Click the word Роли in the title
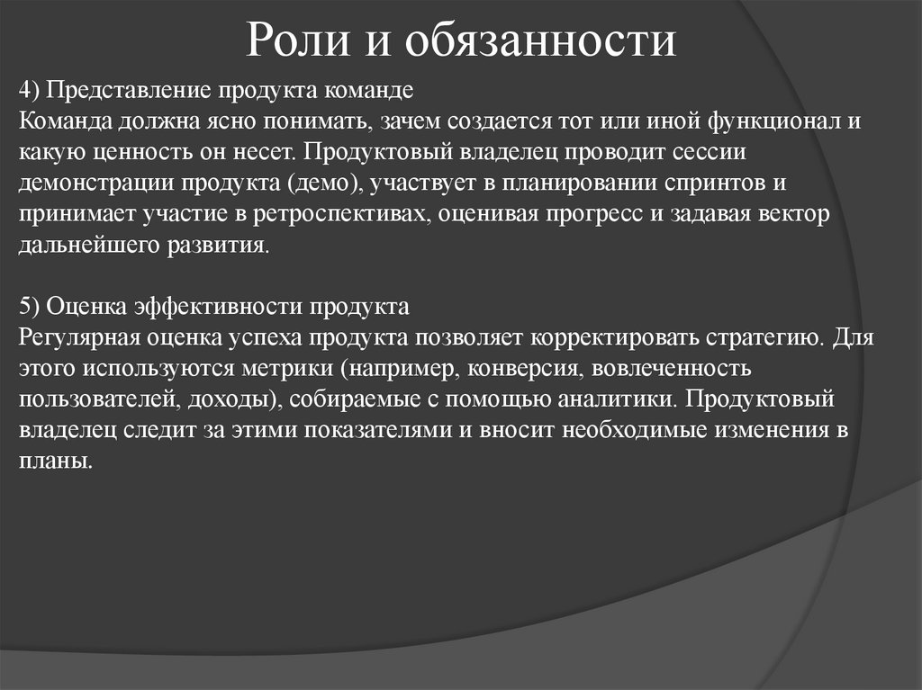287,41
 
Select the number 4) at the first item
31,90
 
